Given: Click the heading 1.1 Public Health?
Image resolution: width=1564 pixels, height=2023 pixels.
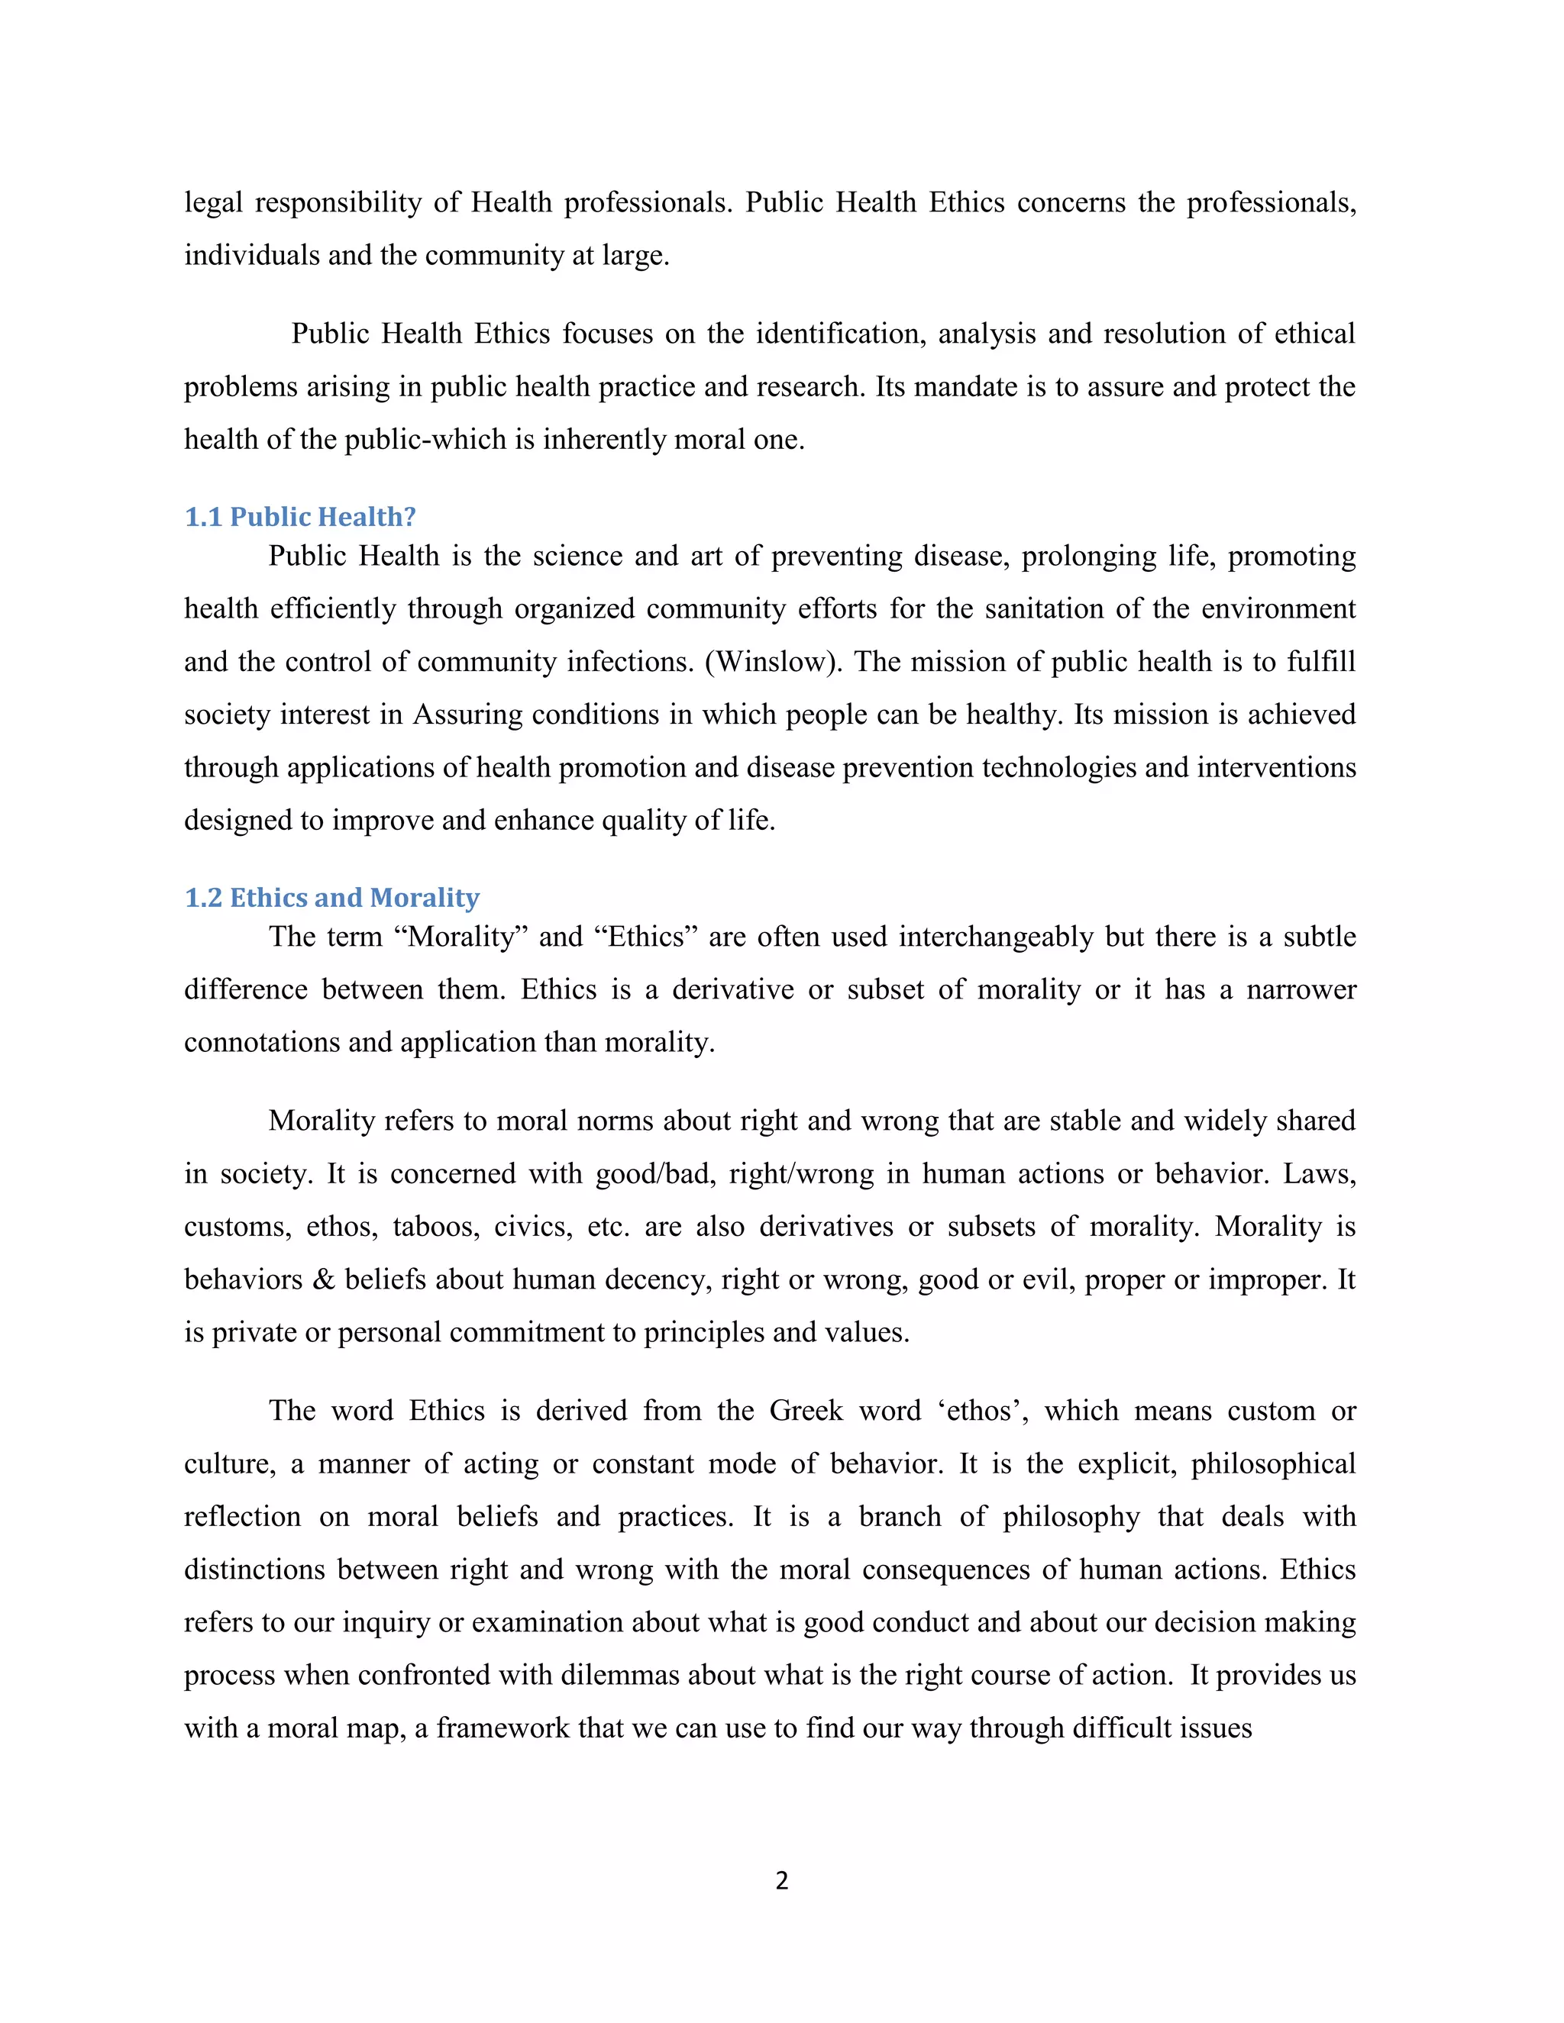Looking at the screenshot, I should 300,517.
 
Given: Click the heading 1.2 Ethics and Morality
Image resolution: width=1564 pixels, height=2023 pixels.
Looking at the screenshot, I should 331,898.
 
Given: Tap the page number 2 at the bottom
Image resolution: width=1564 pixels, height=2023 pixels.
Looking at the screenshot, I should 782,1879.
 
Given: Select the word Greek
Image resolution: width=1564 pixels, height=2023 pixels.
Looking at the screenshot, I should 806,1411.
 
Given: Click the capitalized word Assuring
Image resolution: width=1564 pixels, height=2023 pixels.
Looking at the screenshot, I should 468,715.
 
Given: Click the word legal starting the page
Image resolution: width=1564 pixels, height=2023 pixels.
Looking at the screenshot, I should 213,202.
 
